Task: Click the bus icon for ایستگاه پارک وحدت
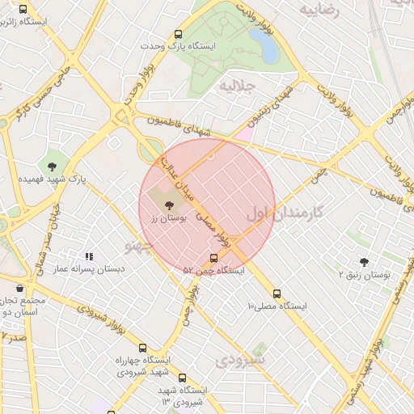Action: pyautogui.click(x=178, y=35)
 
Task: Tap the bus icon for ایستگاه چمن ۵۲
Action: pyautogui.click(x=213, y=259)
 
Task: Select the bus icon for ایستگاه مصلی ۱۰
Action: pyautogui.click(x=277, y=294)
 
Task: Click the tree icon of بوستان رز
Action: pyautogui.click(x=168, y=206)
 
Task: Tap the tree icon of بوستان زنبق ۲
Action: pyautogui.click(x=363, y=261)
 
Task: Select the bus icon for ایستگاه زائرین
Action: pyautogui.click(x=22, y=11)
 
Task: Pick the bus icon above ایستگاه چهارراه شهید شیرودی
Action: pyautogui.click(x=143, y=348)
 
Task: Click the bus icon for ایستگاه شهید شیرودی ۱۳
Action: pyautogui.click(x=181, y=378)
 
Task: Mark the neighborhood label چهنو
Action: pyautogui.click(x=139, y=243)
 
